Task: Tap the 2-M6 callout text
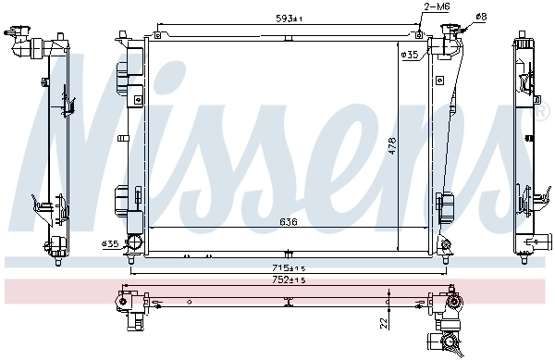tap(437, 7)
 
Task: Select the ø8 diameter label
tap(481, 16)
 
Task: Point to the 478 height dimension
tap(391, 146)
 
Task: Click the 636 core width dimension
tap(289, 221)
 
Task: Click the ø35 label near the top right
tap(409, 56)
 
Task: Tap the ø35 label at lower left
tap(110, 244)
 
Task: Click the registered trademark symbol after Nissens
tap(542, 114)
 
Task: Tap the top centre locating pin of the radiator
tap(290, 39)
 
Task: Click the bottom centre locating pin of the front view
tap(290, 252)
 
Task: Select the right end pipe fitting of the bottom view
tap(453, 304)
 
